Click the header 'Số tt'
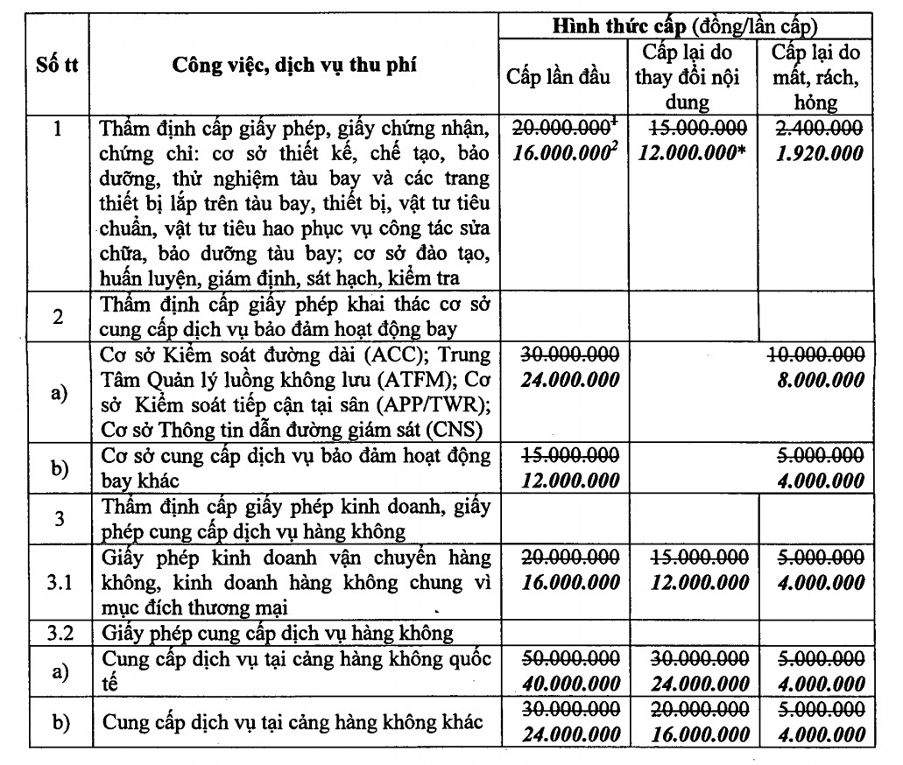(x=58, y=66)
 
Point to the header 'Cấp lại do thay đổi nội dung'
(x=688, y=76)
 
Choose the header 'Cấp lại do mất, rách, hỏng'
(x=815, y=76)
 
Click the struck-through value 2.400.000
(x=819, y=128)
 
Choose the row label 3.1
(x=58, y=581)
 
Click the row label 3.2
(x=58, y=632)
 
